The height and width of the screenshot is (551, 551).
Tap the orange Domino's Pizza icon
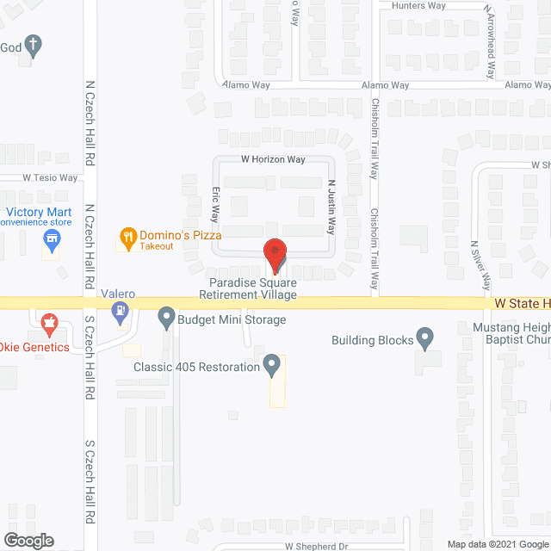tap(128, 235)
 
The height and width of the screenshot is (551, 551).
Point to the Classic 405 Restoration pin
tap(272, 367)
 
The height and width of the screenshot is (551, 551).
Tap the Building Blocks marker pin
tap(424, 339)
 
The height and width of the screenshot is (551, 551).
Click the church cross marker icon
tap(33, 46)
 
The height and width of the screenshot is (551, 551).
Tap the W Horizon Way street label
tap(273, 159)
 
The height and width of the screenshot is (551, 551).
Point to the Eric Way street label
tap(216, 206)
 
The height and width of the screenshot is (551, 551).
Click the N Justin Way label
tap(331, 207)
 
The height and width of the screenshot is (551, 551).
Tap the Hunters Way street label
tap(420, 5)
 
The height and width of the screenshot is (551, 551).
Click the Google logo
tap(28, 540)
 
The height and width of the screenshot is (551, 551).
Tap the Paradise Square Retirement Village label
tap(247, 288)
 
